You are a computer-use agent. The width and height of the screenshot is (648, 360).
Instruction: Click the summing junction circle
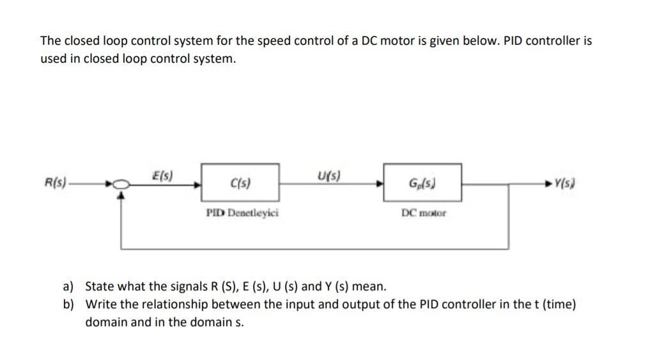pos(121,185)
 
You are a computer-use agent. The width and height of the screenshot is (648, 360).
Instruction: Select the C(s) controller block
pos(240,184)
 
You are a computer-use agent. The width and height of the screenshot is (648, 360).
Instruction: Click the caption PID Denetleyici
pos(242,212)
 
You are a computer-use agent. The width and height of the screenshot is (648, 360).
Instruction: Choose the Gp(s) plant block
pos(422,184)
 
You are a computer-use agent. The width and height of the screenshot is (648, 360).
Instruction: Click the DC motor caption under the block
pos(424,212)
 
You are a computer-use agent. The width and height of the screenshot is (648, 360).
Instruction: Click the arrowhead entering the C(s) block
pos(198,185)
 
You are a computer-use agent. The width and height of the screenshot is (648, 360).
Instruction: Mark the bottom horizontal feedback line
pos(313,248)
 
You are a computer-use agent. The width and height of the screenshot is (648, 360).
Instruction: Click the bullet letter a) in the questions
pos(68,286)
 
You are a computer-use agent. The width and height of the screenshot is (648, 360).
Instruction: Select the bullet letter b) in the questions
pos(68,304)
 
